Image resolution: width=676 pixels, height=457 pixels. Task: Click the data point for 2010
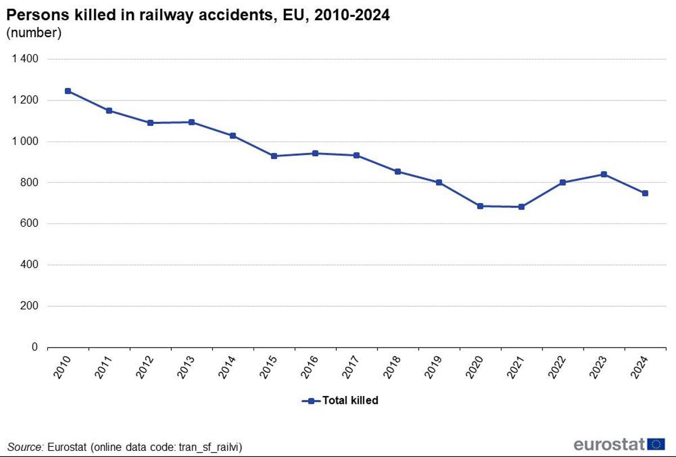[68, 91]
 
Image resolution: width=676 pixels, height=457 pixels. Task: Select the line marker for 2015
[274, 156]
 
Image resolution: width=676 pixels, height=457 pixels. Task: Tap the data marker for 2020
[480, 206]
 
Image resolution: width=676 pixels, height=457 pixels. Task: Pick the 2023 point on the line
[604, 174]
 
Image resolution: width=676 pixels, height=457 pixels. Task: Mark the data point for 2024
[645, 193]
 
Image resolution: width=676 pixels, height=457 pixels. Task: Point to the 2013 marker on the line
[192, 122]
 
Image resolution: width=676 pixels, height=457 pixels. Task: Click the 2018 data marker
[398, 172]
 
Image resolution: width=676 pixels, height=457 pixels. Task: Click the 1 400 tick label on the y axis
[25, 59]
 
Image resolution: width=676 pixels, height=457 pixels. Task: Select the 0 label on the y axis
[35, 348]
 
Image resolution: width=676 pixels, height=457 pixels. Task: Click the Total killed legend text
[350, 401]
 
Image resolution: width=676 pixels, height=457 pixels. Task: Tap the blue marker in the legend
[311, 401]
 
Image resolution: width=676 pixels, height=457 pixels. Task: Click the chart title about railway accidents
[198, 15]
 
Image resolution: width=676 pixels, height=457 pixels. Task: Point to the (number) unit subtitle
[34, 33]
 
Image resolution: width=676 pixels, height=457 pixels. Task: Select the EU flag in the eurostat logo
[656, 444]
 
